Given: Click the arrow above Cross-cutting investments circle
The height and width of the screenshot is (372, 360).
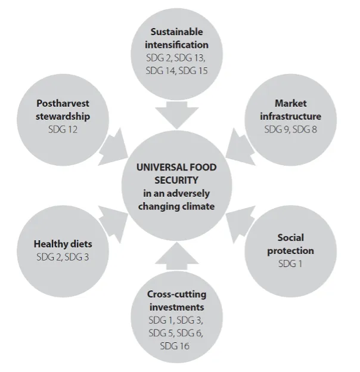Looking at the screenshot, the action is (177, 256).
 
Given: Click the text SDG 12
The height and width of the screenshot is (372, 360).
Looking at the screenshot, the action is (63, 129).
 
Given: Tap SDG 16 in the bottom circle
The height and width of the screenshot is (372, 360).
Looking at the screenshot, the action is (175, 346).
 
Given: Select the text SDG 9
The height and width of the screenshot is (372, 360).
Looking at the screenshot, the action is (277, 129).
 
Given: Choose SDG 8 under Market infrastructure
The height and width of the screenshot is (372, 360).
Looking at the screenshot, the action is (305, 129).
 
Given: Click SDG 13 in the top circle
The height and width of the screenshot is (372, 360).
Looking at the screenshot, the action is (190, 58).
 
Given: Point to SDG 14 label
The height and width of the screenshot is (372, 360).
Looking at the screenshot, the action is (160, 71).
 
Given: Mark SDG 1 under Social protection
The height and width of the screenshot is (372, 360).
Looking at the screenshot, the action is (290, 264).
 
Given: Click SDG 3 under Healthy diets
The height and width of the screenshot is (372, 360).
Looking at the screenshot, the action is (77, 257).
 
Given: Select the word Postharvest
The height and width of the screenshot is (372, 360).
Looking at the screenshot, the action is (63, 104).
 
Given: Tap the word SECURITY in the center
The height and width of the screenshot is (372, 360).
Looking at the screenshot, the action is (176, 180).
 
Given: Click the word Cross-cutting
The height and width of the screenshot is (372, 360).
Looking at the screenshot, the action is (176, 294).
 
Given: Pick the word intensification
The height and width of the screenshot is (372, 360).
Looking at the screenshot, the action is (176, 45).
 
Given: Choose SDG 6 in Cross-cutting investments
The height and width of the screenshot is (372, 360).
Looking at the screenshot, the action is (190, 333).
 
